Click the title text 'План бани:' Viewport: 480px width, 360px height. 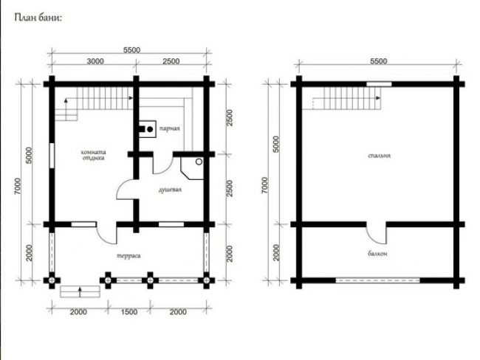[x=38, y=18]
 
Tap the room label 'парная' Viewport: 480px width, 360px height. [x=170, y=128]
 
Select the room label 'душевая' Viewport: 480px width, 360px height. [x=170, y=190]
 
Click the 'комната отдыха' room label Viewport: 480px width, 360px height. [x=93, y=155]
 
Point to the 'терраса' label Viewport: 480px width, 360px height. [x=129, y=256]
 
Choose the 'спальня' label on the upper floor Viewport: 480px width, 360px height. [x=380, y=156]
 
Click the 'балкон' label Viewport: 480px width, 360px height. [x=377, y=254]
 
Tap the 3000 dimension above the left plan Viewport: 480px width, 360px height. [x=95, y=61]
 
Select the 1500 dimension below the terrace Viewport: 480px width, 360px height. [x=129, y=312]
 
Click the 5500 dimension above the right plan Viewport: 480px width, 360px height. [x=379, y=61]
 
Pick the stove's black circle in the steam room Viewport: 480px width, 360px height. [x=150, y=129]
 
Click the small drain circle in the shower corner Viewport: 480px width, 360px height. [x=199, y=162]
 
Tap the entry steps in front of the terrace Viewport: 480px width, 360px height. [x=80, y=291]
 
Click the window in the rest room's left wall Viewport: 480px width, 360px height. [x=52, y=156]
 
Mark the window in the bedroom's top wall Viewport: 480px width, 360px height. [x=379, y=84]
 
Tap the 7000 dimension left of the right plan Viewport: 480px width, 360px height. [x=265, y=185]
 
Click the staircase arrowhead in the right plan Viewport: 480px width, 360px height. [x=379, y=98]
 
